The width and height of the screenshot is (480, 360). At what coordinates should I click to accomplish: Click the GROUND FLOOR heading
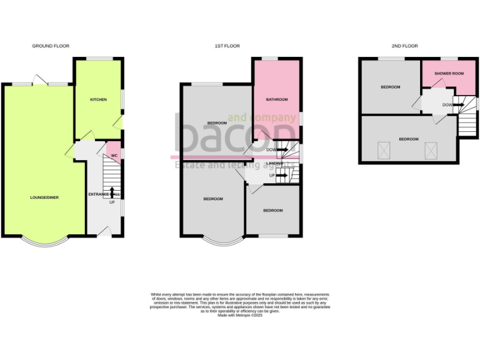point(51,46)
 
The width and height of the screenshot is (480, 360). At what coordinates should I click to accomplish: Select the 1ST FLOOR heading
point(227,46)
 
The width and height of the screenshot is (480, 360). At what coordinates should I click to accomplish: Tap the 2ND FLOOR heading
point(404,46)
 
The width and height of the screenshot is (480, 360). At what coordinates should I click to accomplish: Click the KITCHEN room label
point(98,100)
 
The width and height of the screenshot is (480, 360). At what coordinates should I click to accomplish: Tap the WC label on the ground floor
point(114,156)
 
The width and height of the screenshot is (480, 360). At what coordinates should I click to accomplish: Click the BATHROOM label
point(276,100)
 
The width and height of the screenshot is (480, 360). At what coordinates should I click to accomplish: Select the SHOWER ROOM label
point(449,74)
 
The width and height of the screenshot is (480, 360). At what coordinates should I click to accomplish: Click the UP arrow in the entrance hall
point(112,192)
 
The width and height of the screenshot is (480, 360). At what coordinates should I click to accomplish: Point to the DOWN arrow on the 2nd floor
point(459,105)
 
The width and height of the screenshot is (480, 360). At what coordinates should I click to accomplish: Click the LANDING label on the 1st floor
point(274,163)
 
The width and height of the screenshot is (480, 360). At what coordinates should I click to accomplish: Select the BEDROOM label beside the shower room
point(391,87)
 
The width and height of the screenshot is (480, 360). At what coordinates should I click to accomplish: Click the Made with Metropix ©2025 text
point(240,316)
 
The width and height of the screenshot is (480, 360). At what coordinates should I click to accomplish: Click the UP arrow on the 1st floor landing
point(280,176)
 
